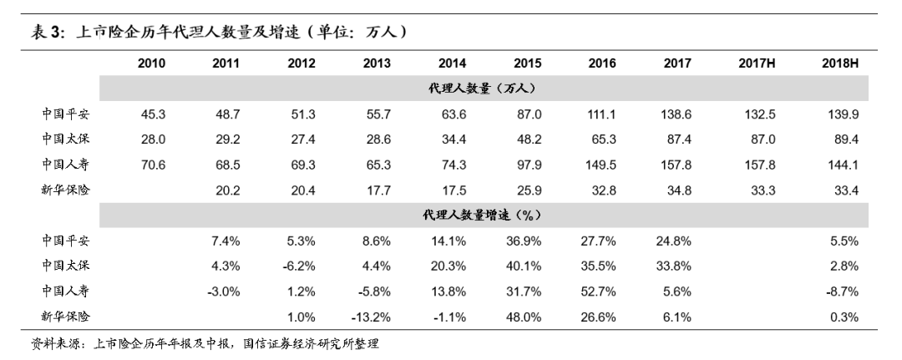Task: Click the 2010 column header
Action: tap(151, 63)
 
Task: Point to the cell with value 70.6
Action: tap(152, 165)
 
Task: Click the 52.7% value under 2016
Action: tap(601, 291)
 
